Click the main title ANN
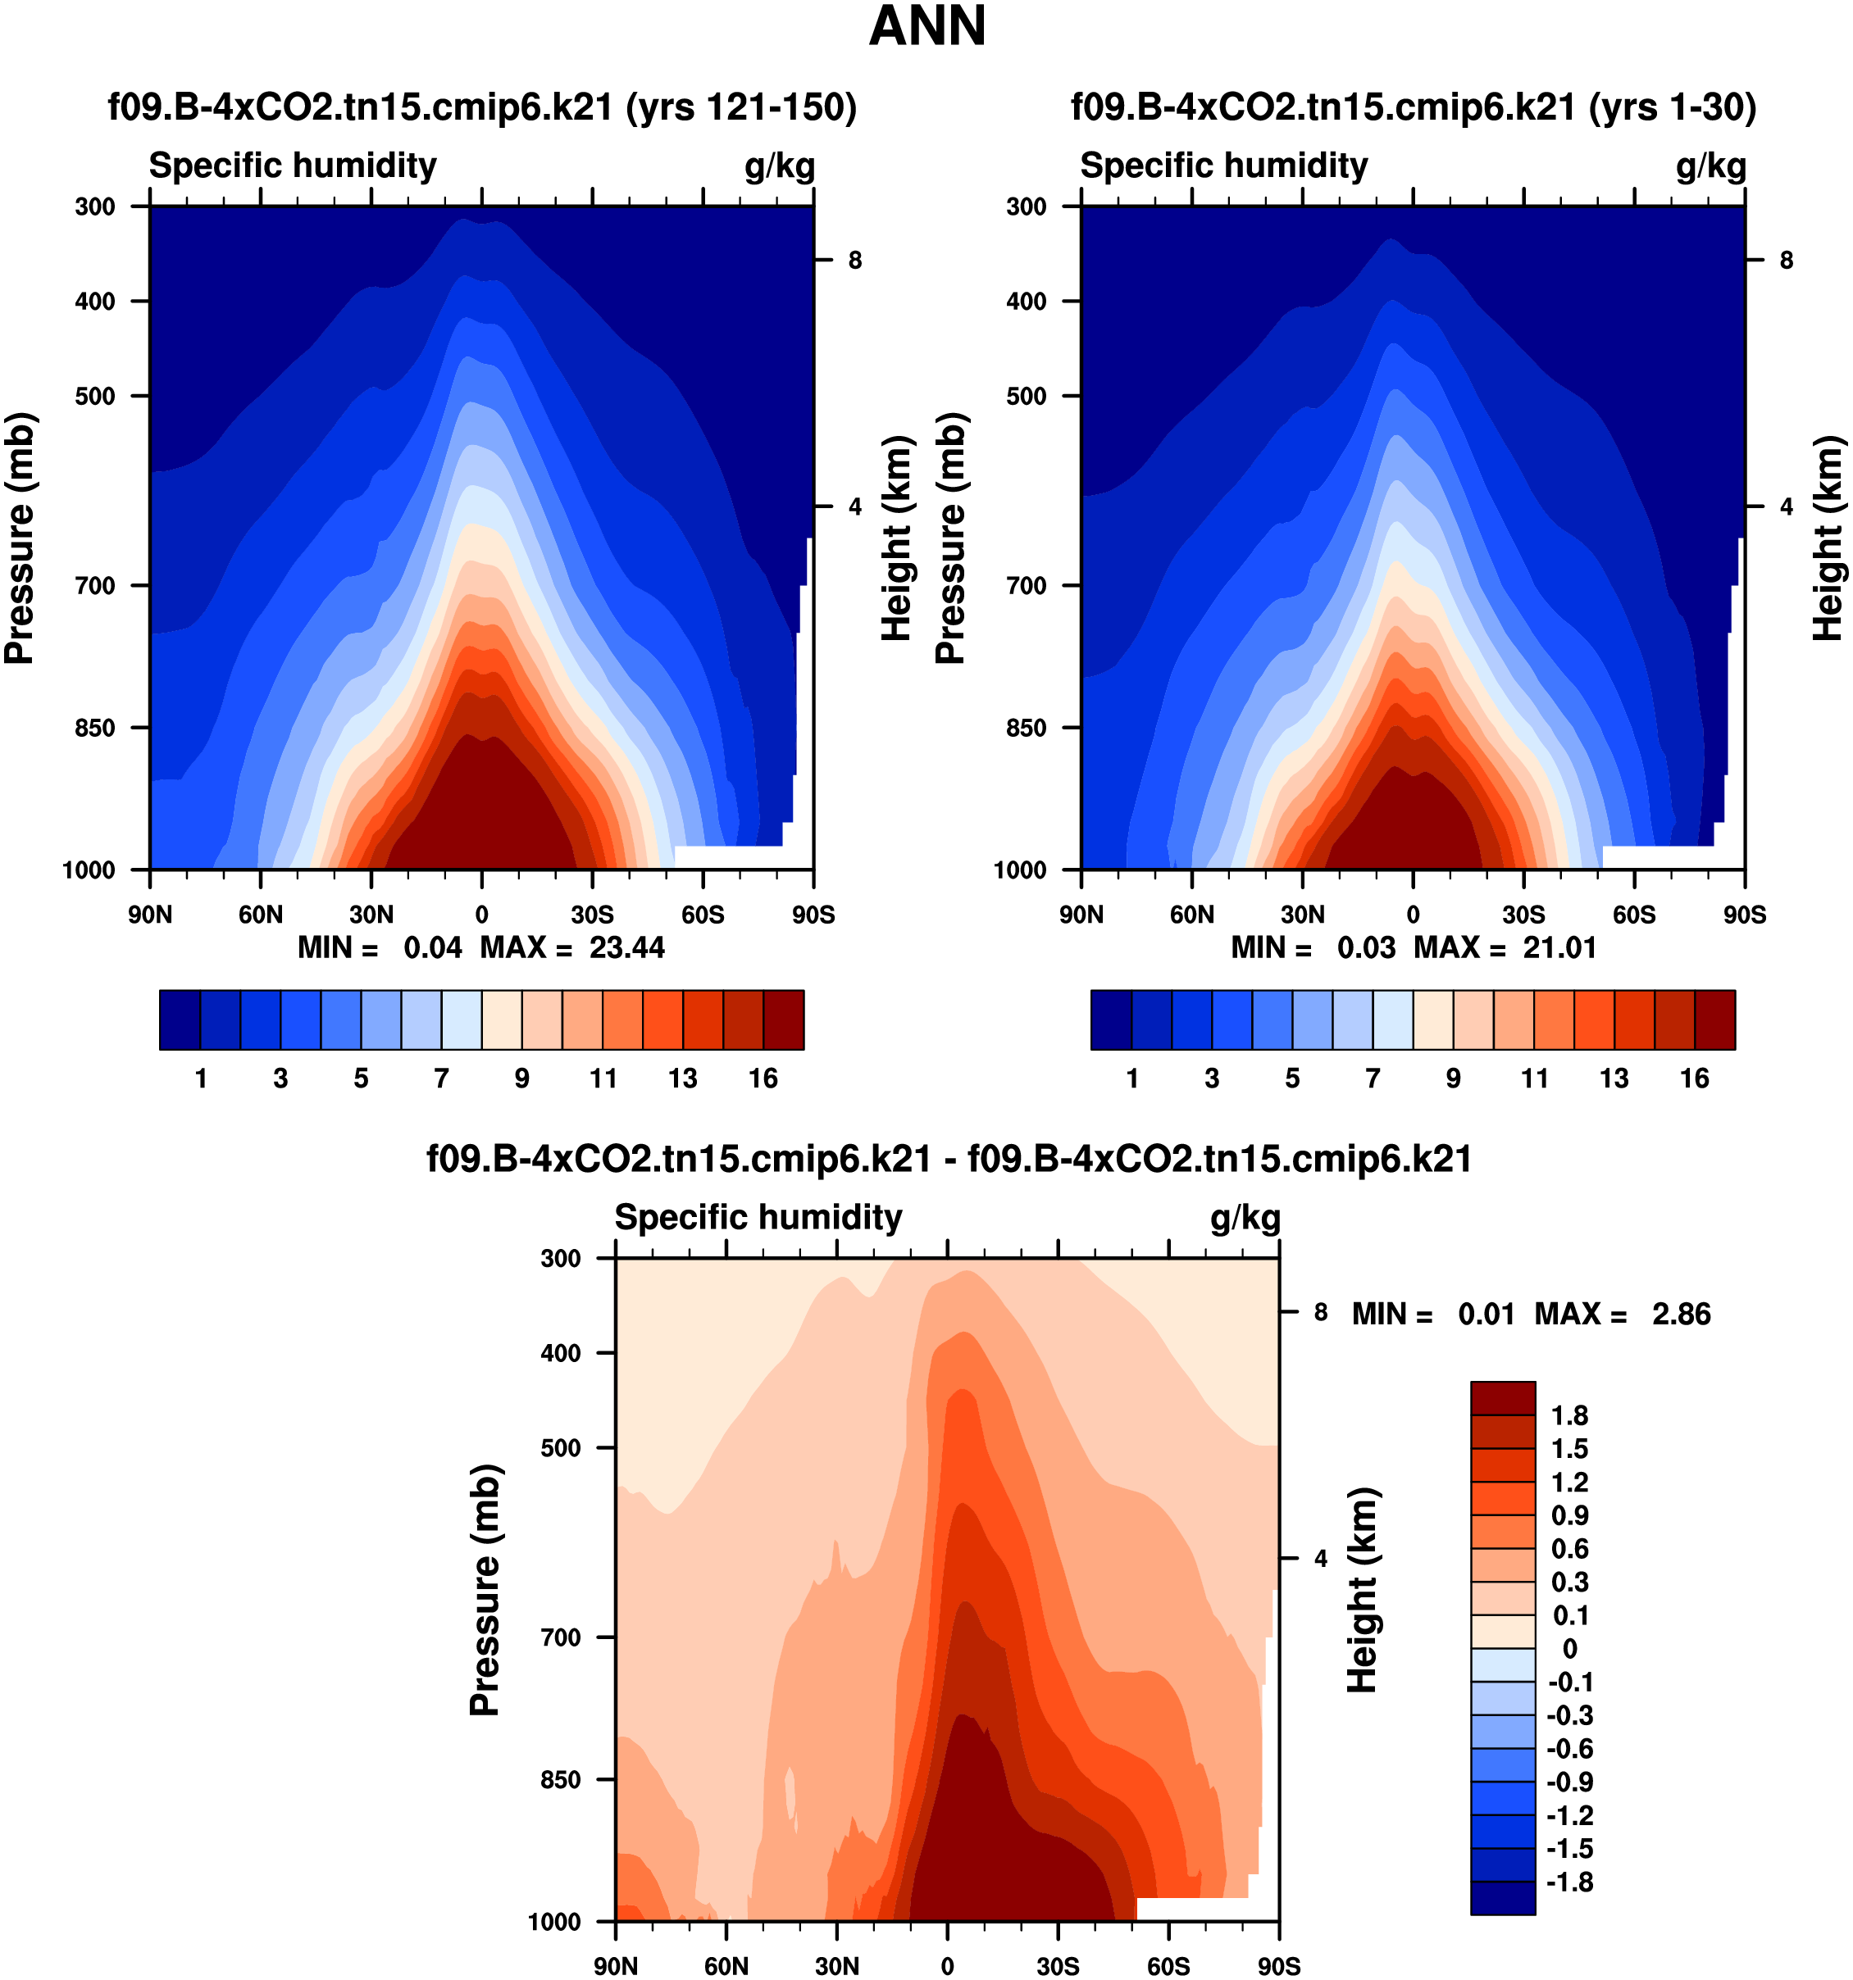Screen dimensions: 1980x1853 pyautogui.click(x=926, y=27)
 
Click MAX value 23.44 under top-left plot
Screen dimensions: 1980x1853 pyautogui.click(x=626, y=947)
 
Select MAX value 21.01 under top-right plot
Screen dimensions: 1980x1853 pyautogui.click(x=1559, y=947)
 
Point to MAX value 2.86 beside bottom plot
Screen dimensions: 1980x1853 pyautogui.click(x=1682, y=1314)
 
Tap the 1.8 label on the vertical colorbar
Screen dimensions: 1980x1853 pyautogui.click(x=1569, y=1415)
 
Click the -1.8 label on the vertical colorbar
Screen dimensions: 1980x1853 pyautogui.click(x=1569, y=1882)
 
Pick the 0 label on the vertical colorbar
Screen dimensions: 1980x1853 pyautogui.click(x=1569, y=1648)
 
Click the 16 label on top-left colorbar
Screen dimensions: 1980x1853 pyautogui.click(x=763, y=1079)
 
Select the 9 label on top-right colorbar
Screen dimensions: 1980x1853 pyautogui.click(x=1454, y=1079)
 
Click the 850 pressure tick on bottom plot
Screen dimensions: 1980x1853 pyautogui.click(x=561, y=1779)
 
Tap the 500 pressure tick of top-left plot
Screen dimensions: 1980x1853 pyautogui.click(x=96, y=397)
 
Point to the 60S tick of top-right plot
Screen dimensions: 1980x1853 pyautogui.click(x=1634, y=915)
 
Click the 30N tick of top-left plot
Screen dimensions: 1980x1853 pyautogui.click(x=371, y=915)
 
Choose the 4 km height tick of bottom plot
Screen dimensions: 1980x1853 pyautogui.click(x=1321, y=1558)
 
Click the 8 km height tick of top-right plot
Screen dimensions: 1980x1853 pyautogui.click(x=1787, y=261)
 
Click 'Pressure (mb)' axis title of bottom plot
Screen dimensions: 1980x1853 pyautogui.click(x=485, y=1590)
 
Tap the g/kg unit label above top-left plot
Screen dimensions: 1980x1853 pyautogui.click(x=780, y=166)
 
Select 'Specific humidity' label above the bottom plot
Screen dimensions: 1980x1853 pyautogui.click(x=758, y=1217)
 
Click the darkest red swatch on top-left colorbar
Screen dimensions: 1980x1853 pyautogui.click(x=783, y=1020)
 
